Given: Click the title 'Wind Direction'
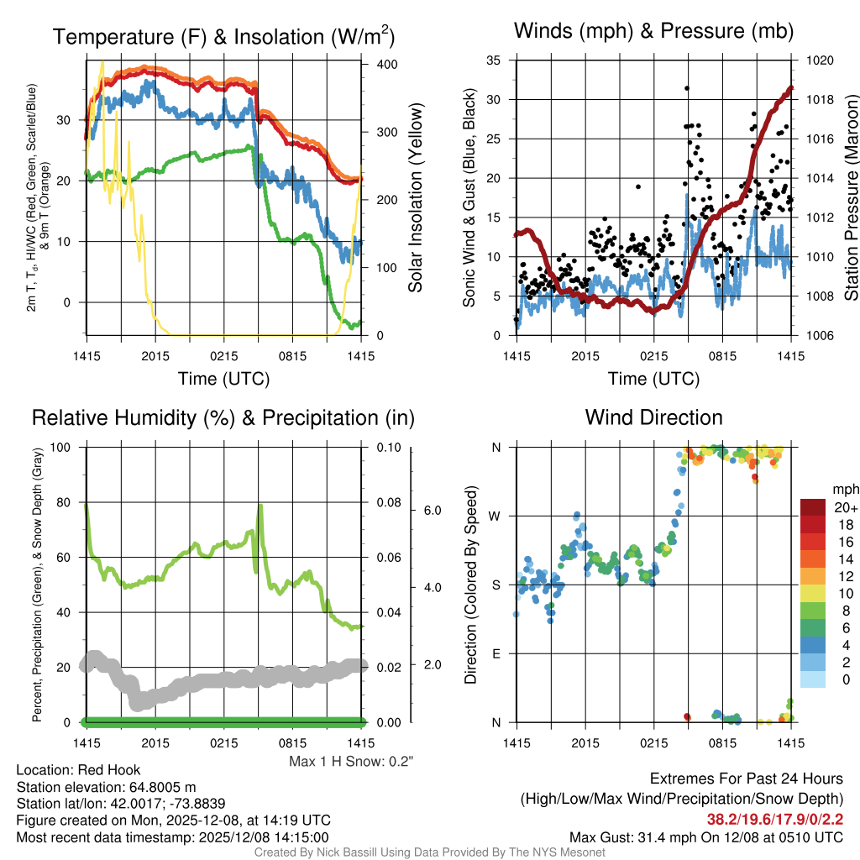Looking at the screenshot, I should (x=653, y=417).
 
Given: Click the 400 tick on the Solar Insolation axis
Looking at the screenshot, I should (x=376, y=65).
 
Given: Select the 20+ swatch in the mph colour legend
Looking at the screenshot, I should (x=813, y=507).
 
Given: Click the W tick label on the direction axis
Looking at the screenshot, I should (x=496, y=516).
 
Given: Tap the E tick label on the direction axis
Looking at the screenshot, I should (x=496, y=653).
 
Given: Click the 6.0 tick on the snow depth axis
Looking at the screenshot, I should (x=433, y=511).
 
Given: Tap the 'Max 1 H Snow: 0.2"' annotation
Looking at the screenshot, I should (x=351, y=762).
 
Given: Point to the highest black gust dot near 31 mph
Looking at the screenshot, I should (x=687, y=88).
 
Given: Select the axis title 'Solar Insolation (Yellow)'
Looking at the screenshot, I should (x=415, y=198).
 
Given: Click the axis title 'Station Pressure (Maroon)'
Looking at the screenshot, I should (x=850, y=198).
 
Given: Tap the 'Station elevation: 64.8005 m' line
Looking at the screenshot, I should (x=106, y=787).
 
